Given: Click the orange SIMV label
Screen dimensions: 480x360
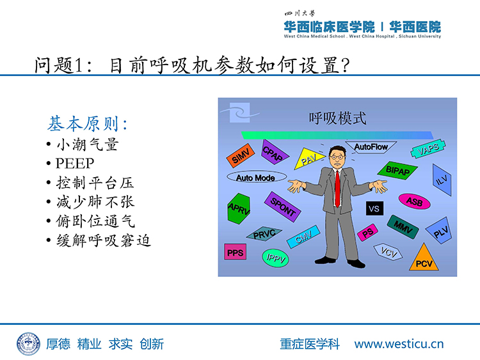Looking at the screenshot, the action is pyautogui.click(x=240, y=155).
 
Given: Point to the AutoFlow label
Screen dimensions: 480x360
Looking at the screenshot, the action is pyautogui.click(x=371, y=147).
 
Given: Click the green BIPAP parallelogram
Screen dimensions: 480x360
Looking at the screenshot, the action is pyautogui.click(x=397, y=170).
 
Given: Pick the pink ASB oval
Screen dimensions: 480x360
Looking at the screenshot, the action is pyautogui.click(x=415, y=201).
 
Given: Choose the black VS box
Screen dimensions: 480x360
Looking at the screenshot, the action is pyautogui.click(x=374, y=208).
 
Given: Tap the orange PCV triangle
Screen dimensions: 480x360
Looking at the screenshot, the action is pyautogui.click(x=424, y=258).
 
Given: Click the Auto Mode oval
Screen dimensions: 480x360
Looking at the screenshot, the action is pyautogui.click(x=257, y=177).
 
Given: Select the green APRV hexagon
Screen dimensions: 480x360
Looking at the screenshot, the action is pyautogui.click(x=239, y=208).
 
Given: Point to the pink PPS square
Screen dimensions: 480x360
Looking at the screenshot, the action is pyautogui.click(x=235, y=252).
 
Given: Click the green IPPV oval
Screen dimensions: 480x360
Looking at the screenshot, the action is pyautogui.click(x=275, y=258).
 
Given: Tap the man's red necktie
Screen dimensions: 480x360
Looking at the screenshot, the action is pyautogui.click(x=337, y=189).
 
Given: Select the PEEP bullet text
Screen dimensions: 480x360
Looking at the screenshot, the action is pyautogui.click(x=75, y=164).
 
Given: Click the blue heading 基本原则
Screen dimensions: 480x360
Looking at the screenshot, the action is pyautogui.click(x=88, y=123).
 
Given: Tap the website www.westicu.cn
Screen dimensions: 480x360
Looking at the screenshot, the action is pyautogui.click(x=399, y=344).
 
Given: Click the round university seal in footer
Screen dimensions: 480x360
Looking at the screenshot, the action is pyautogui.click(x=28, y=344).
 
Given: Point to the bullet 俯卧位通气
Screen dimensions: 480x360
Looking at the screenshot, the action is pyautogui.click(x=95, y=221).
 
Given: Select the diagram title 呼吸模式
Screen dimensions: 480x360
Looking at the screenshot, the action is pyautogui.click(x=337, y=118).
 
